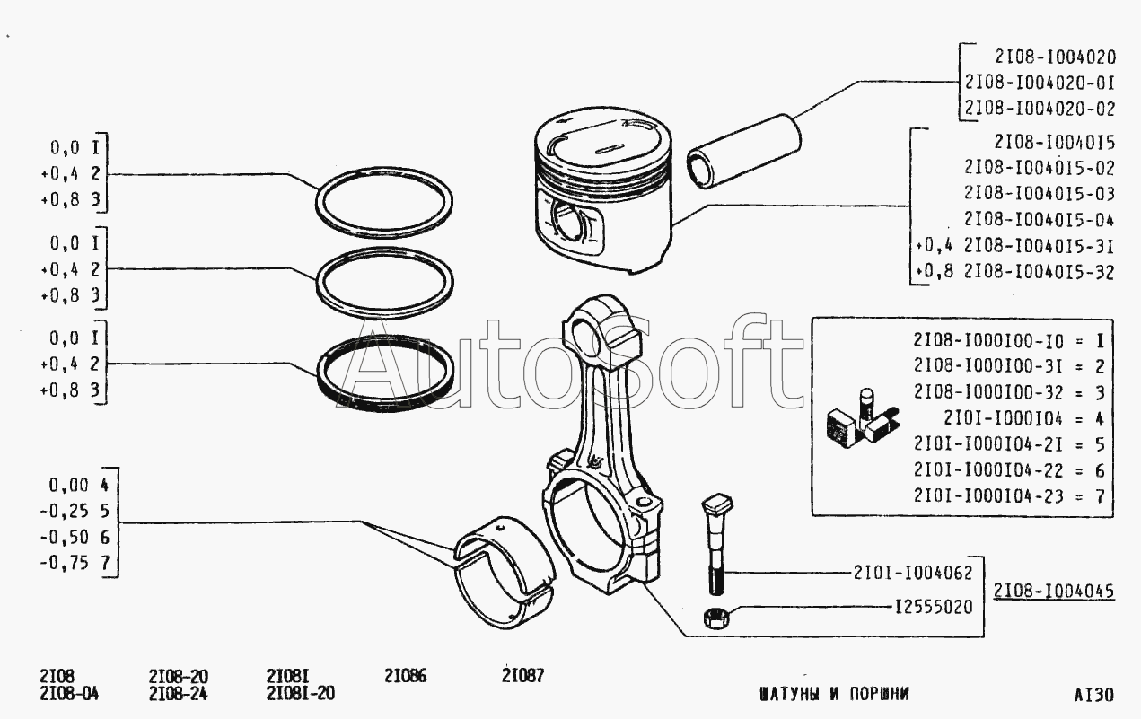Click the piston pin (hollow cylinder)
[x=743, y=151]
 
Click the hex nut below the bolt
[x=716, y=618]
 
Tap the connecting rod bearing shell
[x=505, y=573]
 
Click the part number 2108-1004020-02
[x=1040, y=109]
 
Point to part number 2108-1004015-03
[x=1040, y=194]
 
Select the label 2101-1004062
[x=913, y=573]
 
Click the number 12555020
[x=934, y=607]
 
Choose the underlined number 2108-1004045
[x=1054, y=591]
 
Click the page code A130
[x=1093, y=695]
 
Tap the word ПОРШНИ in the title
[x=879, y=694]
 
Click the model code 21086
[x=406, y=676]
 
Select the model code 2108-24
[x=179, y=694]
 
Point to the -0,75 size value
[x=65, y=563]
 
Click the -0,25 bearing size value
[x=65, y=511]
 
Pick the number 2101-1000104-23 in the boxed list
[x=988, y=496]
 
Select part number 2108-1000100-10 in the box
[x=988, y=340]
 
